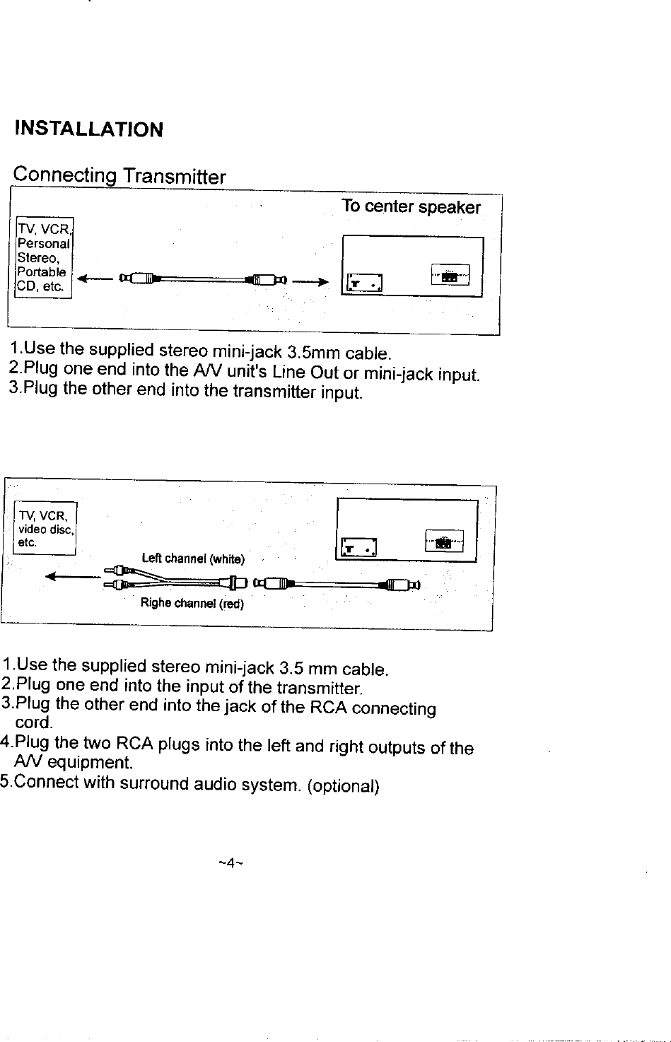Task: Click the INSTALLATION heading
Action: click(89, 129)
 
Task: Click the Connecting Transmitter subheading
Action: click(119, 175)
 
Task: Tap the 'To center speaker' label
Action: click(411, 206)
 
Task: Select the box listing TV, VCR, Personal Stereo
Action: click(44, 257)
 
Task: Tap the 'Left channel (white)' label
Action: click(193, 559)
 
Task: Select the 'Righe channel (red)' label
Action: click(192, 604)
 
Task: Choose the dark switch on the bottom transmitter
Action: click(444, 543)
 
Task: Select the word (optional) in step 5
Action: click(344, 787)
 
